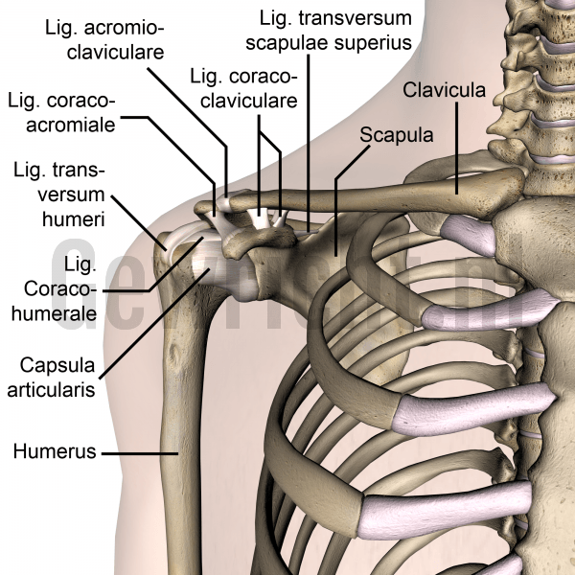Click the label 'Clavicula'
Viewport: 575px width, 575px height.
(444, 90)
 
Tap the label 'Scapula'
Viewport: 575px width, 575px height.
(397, 135)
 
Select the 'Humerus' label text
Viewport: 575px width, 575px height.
(55, 451)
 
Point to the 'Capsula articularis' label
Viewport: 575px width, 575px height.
(51, 378)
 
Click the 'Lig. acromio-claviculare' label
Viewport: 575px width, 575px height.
(104, 39)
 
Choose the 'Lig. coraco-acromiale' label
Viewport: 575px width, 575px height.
(61, 113)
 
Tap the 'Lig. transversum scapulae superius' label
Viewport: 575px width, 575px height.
(329, 31)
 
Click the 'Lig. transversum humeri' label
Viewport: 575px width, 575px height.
(59, 195)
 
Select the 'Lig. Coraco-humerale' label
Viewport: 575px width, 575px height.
(55, 289)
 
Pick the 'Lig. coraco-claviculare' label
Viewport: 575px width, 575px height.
(243, 88)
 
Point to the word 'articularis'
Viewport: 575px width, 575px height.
(51, 389)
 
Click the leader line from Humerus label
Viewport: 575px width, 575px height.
(140, 453)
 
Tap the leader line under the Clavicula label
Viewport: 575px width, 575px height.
(457, 149)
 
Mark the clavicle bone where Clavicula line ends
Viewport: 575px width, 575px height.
(457, 194)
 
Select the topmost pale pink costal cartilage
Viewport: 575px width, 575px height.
(468, 235)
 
